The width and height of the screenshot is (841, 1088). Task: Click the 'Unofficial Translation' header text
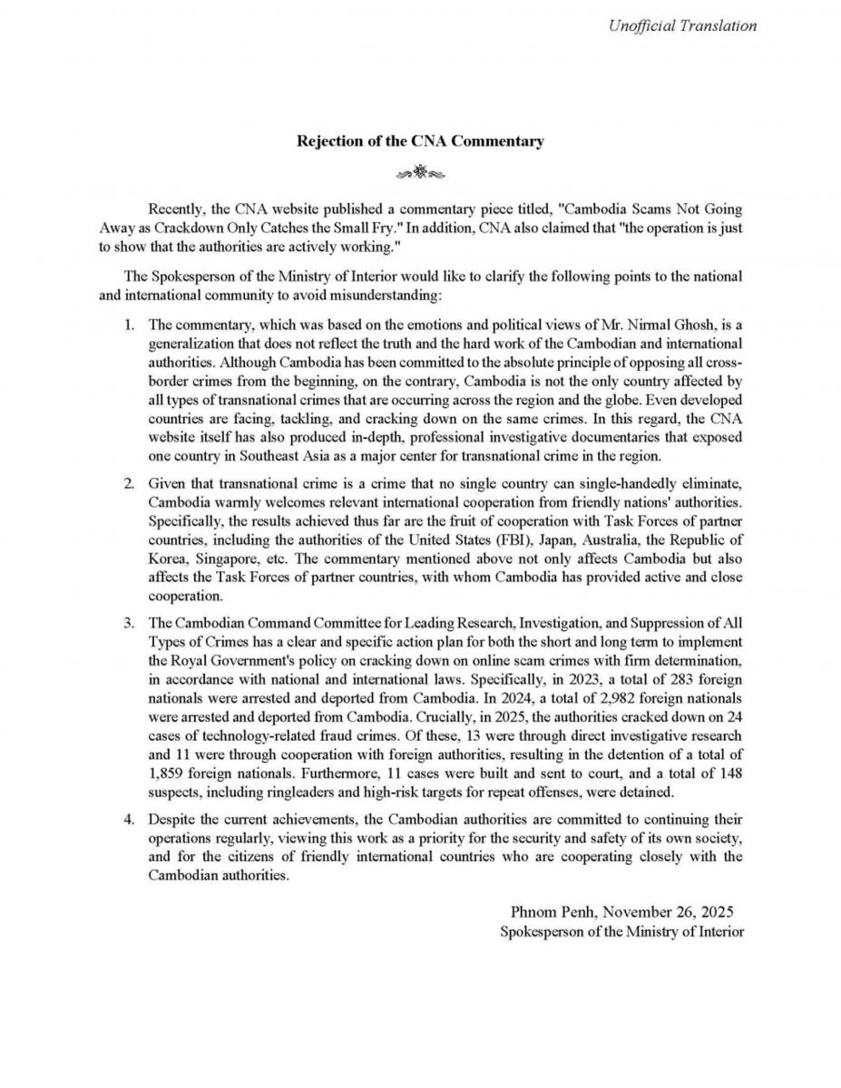[x=683, y=25]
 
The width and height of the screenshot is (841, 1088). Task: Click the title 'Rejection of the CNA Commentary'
[x=421, y=141]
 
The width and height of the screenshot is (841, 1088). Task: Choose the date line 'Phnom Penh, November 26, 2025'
[x=621, y=911]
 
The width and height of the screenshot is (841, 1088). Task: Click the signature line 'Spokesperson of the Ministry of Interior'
[x=621, y=931]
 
